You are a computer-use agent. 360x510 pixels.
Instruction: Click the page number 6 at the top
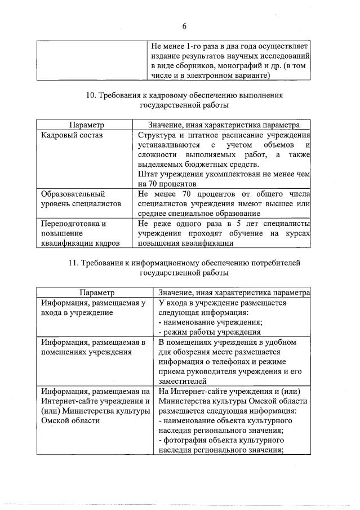(x=184, y=25)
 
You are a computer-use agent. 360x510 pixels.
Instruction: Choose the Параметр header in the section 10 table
(x=87, y=124)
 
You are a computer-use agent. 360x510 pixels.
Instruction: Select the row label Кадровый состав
(x=72, y=135)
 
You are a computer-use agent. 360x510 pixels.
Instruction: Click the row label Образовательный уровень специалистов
(x=74, y=199)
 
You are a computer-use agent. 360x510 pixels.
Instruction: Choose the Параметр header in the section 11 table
(x=96, y=292)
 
